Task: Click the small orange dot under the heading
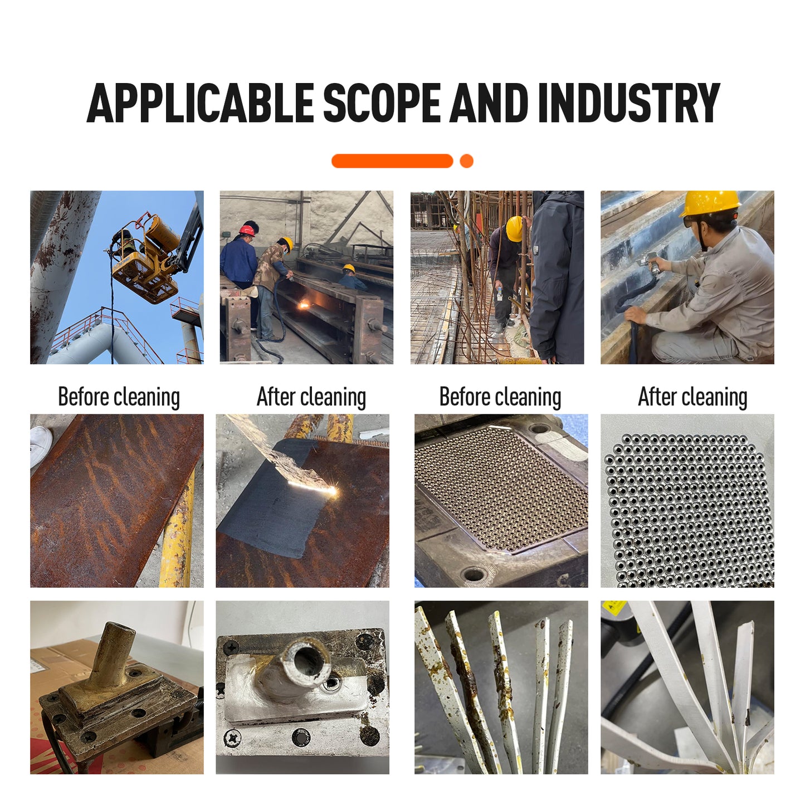pos(466,161)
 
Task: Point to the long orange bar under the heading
pos(392,161)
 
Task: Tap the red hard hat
pos(247,230)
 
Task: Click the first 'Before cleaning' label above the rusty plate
pos(119,397)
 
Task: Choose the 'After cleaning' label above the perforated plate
pos(692,397)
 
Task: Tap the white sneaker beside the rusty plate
pos(41,445)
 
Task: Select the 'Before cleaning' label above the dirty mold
pos(500,397)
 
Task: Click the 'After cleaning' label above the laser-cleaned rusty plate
pos(311,397)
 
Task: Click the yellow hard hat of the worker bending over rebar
pos(514,229)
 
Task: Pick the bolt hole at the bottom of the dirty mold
pos(474,574)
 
